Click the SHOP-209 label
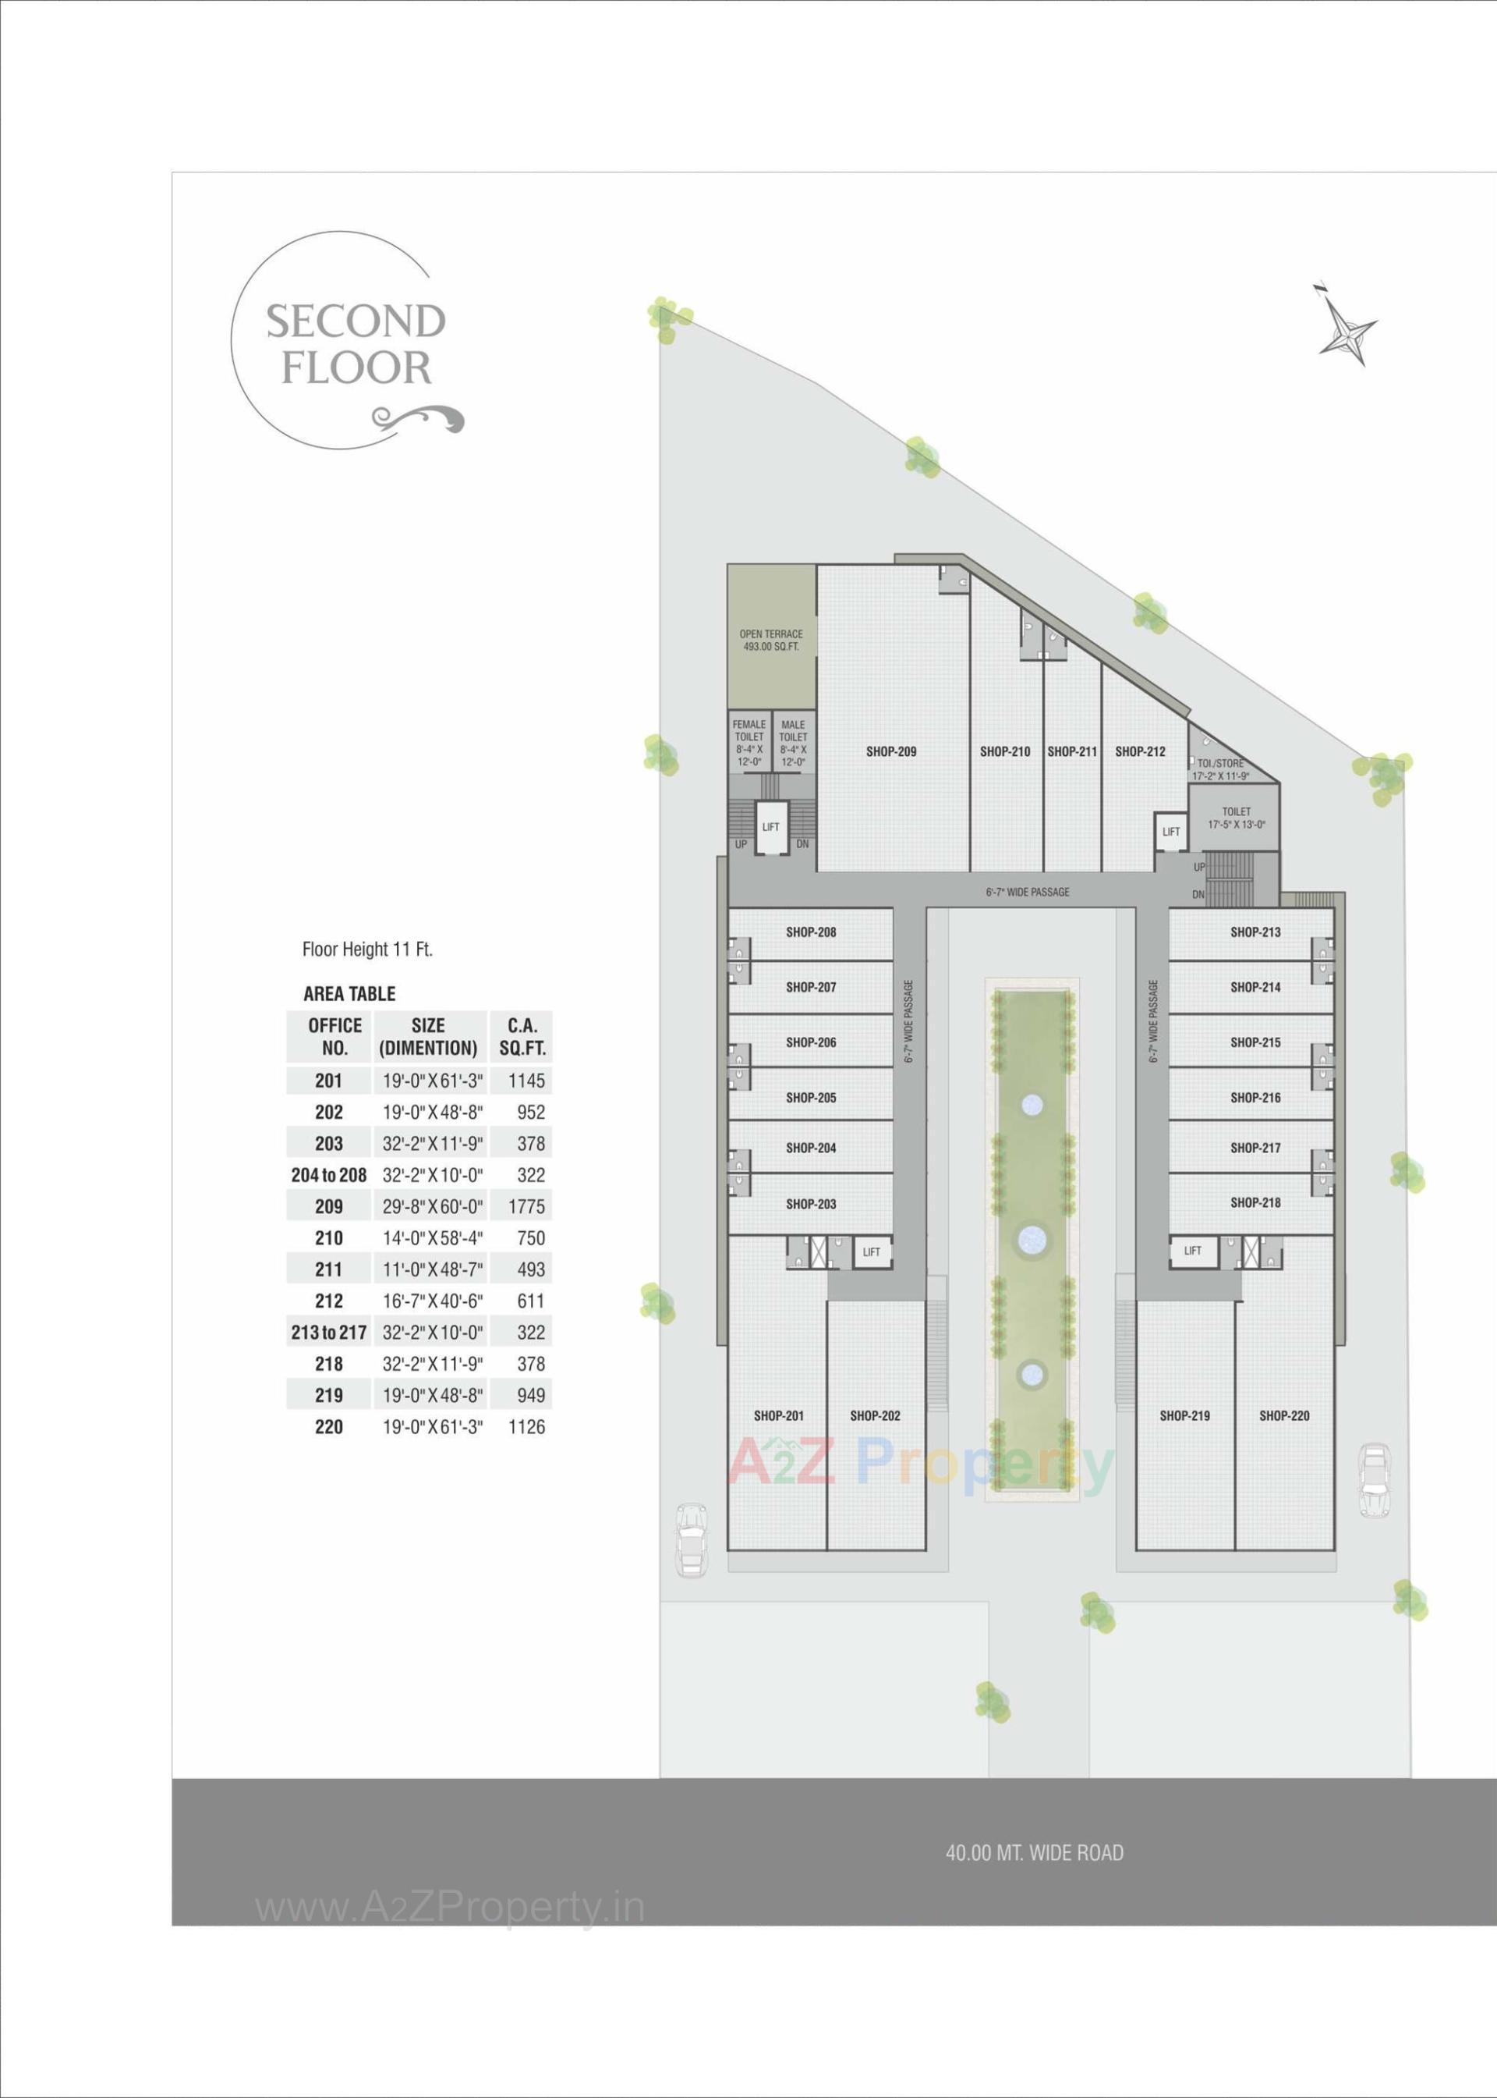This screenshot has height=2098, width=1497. click(890, 751)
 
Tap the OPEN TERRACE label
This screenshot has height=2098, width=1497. click(770, 640)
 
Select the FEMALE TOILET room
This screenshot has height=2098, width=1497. click(748, 742)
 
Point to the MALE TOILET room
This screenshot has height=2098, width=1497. click(793, 742)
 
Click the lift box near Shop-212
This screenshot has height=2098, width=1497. click(1170, 831)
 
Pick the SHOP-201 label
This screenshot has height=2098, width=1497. click(778, 1415)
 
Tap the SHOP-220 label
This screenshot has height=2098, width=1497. click(1284, 1415)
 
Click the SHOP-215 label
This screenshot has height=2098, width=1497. click(1255, 1042)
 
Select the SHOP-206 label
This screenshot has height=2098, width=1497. click(810, 1042)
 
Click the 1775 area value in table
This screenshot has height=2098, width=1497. click(526, 1206)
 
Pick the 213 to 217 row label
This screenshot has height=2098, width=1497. click(329, 1332)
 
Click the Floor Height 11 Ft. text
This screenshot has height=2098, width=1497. click(367, 949)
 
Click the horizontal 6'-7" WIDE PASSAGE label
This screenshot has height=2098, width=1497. click(1027, 892)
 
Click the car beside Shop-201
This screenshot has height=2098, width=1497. click(691, 1541)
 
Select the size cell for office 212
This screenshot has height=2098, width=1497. click(432, 1301)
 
